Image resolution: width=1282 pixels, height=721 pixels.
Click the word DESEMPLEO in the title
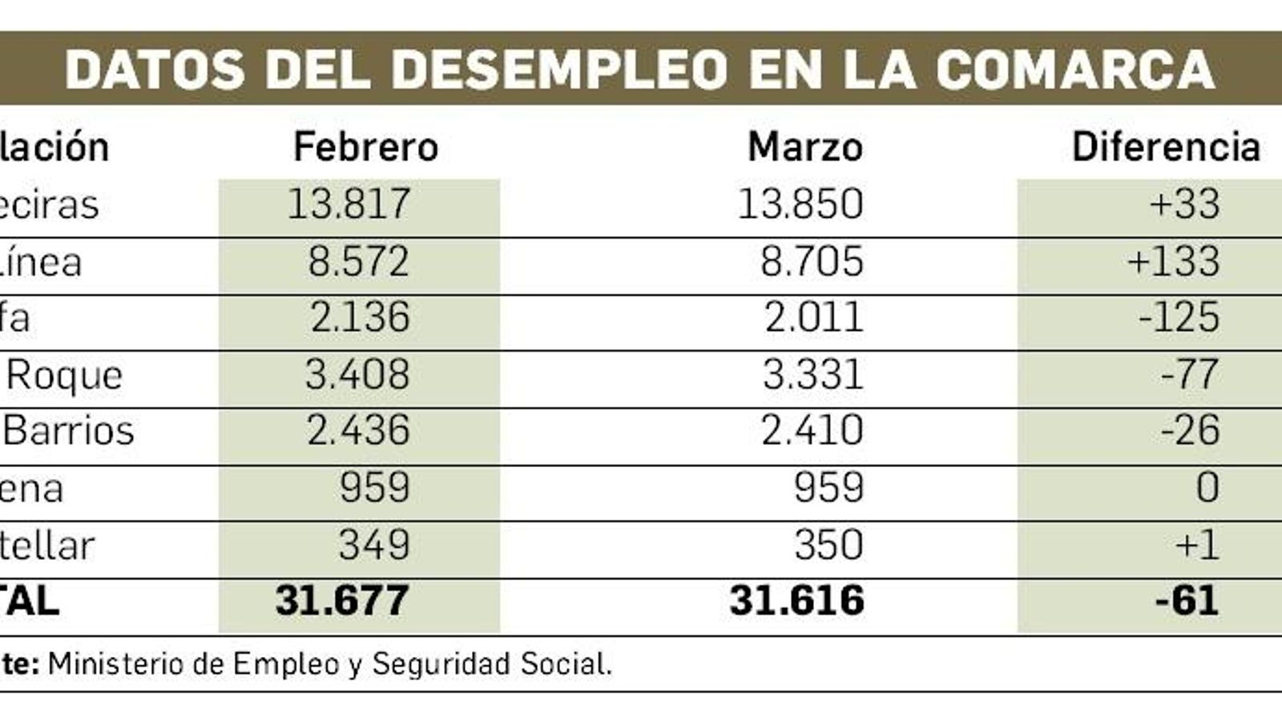(x=559, y=70)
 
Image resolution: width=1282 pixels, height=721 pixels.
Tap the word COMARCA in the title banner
(x=1075, y=70)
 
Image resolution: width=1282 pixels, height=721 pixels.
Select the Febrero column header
(x=365, y=147)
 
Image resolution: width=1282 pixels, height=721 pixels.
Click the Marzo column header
(x=805, y=147)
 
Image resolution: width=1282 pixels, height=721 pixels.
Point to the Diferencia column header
(x=1166, y=147)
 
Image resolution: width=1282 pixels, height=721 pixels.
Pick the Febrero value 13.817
(x=349, y=204)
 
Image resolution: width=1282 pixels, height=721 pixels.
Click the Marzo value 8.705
(x=812, y=262)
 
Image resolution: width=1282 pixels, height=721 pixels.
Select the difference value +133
(x=1173, y=262)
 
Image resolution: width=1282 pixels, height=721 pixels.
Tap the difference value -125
(x=1179, y=318)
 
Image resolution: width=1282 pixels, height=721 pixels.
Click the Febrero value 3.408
(x=357, y=375)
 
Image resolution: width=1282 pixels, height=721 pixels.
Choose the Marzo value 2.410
(x=812, y=431)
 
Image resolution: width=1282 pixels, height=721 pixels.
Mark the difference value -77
(x=1190, y=375)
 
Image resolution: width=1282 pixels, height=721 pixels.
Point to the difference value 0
(x=1207, y=488)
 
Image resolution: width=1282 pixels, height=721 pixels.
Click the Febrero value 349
(x=374, y=546)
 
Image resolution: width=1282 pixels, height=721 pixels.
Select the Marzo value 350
(x=828, y=546)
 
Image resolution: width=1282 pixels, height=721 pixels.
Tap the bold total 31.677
(x=342, y=601)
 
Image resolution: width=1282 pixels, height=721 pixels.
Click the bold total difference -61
(x=1187, y=601)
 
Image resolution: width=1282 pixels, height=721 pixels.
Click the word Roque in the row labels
(x=65, y=375)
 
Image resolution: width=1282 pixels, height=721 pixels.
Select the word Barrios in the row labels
(x=69, y=431)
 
